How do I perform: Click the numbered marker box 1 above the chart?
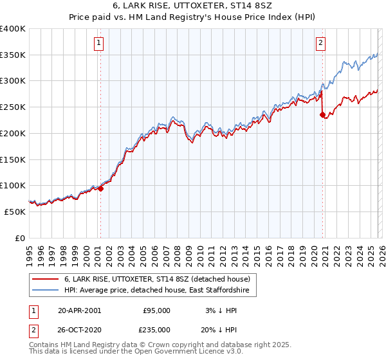pos(100,43)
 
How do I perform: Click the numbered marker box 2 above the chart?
pos(320,43)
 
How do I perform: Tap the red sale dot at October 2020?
pos(322,115)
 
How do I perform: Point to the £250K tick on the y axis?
pos(14,107)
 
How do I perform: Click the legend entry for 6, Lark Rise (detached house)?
pos(160,279)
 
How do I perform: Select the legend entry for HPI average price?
pos(159,291)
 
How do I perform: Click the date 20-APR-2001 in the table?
pos(79,310)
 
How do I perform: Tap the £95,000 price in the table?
pos(156,310)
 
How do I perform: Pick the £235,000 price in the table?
pos(156,328)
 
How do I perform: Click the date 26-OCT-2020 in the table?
pos(79,328)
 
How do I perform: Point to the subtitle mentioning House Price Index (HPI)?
pos(193,19)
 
